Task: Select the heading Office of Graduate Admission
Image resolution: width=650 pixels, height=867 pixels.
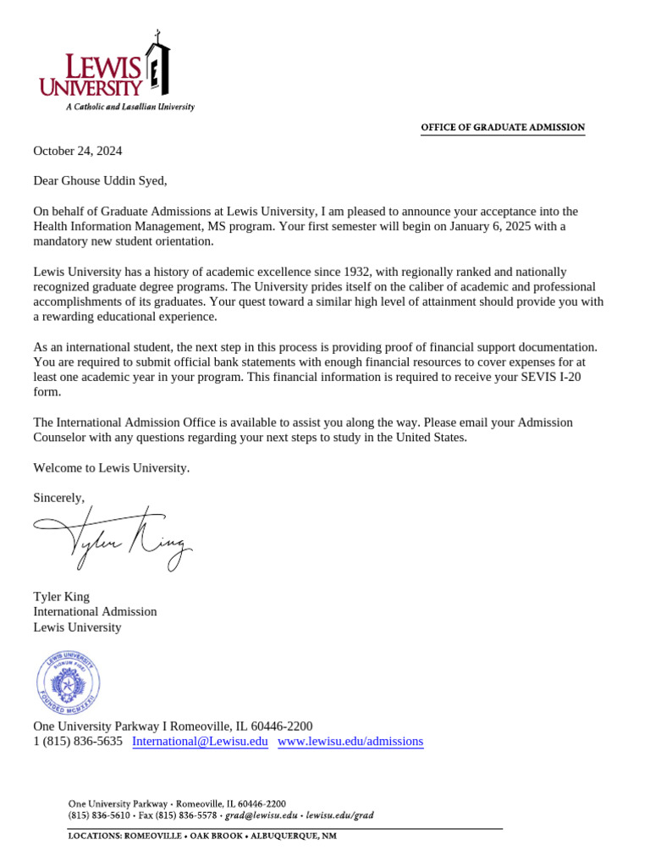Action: (x=503, y=128)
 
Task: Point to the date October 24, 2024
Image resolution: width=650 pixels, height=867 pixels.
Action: (x=77, y=151)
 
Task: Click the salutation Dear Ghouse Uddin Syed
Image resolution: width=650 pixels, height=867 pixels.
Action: (x=100, y=180)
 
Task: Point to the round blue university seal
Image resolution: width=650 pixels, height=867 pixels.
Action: (x=68, y=683)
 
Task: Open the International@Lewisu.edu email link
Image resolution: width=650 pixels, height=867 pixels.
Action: (x=200, y=742)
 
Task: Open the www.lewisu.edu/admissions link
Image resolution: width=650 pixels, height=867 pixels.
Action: (x=350, y=742)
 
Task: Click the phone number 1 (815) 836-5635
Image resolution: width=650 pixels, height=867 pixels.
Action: (x=78, y=742)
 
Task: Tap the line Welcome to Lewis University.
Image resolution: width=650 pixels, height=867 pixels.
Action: (x=112, y=467)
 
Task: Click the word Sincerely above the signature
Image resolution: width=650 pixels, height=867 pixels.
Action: (x=58, y=498)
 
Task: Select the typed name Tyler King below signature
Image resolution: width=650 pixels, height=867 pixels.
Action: (x=61, y=596)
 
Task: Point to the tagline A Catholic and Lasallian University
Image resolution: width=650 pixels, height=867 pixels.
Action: (x=130, y=108)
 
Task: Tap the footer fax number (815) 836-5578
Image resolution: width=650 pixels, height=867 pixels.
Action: (x=190, y=816)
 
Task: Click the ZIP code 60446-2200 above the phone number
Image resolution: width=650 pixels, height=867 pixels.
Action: (x=282, y=726)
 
